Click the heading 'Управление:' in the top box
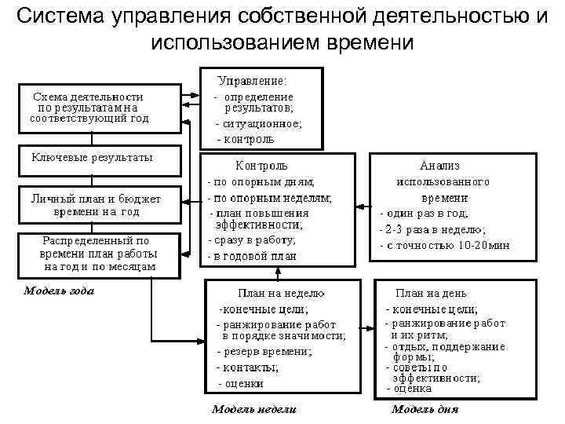tap(252, 81)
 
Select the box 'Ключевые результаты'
tap(92, 159)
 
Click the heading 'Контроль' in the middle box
tap(262, 166)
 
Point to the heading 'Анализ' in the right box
tap(440, 166)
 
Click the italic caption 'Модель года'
tap(59, 290)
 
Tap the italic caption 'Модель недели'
tap(254, 409)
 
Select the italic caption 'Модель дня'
tap(425, 409)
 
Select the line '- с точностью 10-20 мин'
tap(443, 244)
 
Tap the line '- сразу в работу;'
tap(251, 240)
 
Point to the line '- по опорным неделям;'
tap(268, 197)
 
